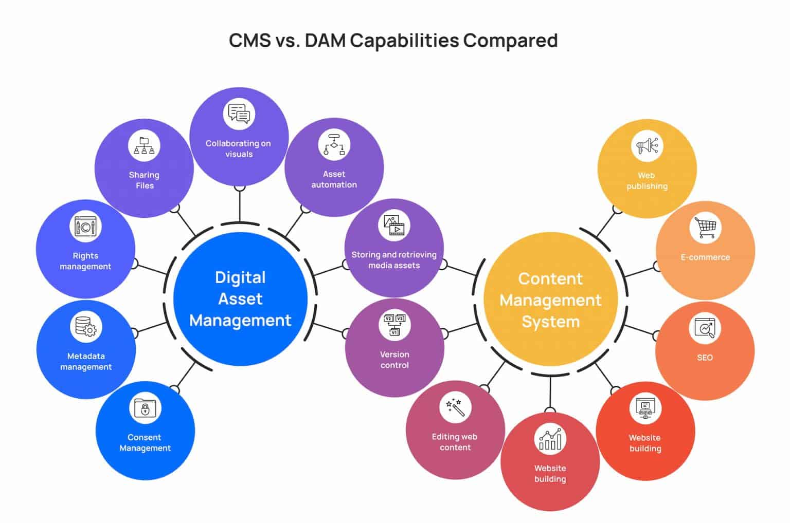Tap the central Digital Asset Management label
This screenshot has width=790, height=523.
(x=240, y=299)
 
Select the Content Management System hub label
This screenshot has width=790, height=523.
(x=550, y=300)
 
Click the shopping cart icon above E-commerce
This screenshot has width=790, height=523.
(x=705, y=228)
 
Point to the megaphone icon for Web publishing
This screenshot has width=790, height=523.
(x=647, y=146)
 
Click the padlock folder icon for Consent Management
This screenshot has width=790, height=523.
(x=145, y=408)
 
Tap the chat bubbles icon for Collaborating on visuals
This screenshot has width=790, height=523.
(x=239, y=114)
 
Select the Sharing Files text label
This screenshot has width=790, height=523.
(x=145, y=180)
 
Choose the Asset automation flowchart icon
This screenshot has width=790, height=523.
(x=334, y=145)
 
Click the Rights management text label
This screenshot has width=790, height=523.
(x=85, y=261)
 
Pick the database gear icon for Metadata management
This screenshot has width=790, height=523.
(x=86, y=327)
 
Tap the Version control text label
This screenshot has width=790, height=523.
(x=394, y=360)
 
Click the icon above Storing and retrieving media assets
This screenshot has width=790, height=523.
(x=394, y=225)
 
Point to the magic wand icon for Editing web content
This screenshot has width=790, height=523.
(x=455, y=407)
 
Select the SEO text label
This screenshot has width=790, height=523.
(x=705, y=358)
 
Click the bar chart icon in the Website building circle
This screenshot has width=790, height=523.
(x=550, y=439)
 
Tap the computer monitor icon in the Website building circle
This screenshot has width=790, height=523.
(x=645, y=408)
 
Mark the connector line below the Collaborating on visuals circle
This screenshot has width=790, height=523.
(x=240, y=206)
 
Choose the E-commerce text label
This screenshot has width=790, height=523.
(x=705, y=257)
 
